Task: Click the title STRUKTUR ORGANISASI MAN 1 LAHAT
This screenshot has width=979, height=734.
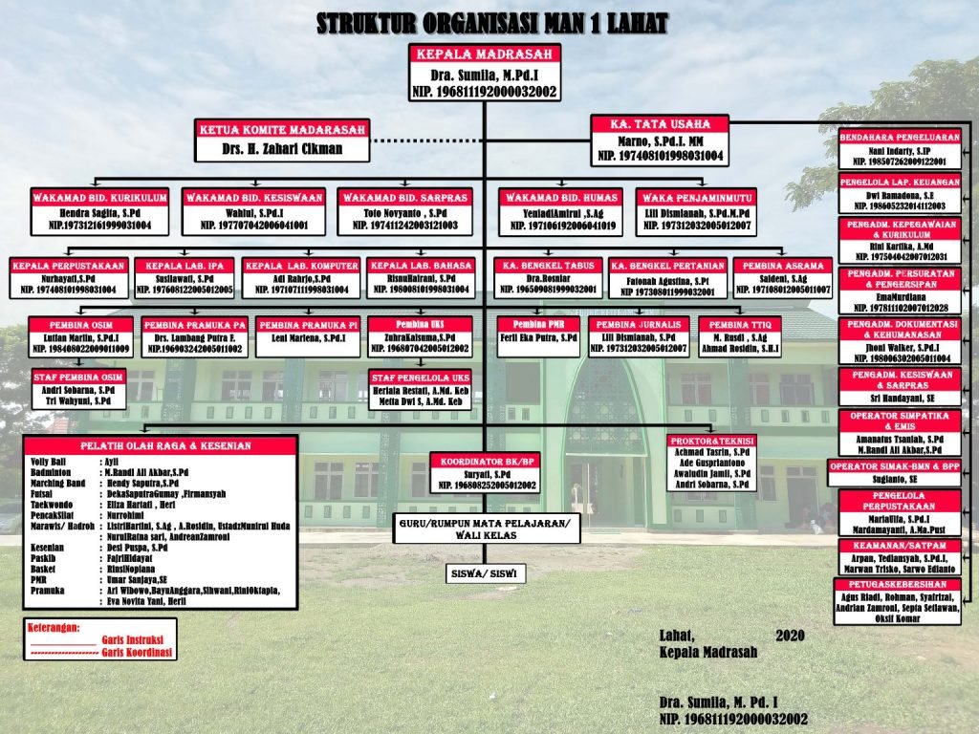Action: pyautogui.click(x=492, y=24)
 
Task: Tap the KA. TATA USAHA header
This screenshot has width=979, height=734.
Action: pyautogui.click(x=659, y=124)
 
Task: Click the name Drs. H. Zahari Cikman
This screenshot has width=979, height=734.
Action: pyautogui.click(x=281, y=150)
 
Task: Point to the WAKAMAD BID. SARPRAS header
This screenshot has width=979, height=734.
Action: pyautogui.click(x=404, y=197)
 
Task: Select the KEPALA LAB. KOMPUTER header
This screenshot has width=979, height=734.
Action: pyautogui.click(x=301, y=265)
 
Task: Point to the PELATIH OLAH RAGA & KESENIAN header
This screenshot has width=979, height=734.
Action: pyautogui.click(x=158, y=445)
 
